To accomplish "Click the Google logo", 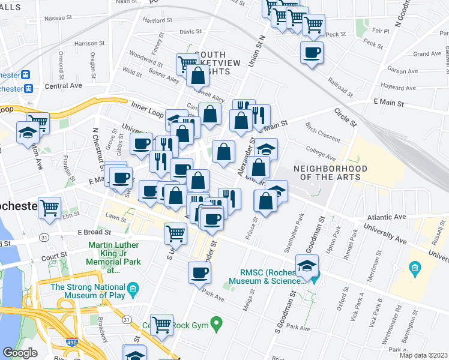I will (x=20, y=353).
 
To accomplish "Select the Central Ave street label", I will (x=63, y=86).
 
